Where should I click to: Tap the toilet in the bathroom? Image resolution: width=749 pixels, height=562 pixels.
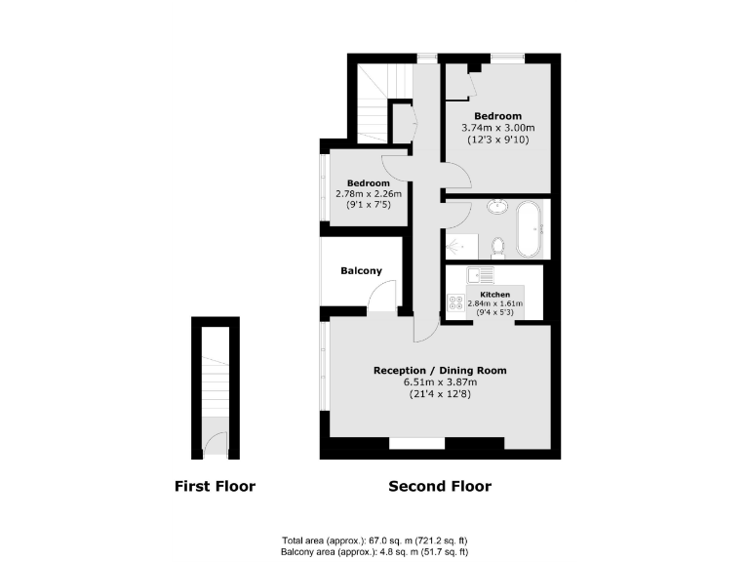tap(496, 247)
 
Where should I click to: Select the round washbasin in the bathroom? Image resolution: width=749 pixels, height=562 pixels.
tap(497, 206)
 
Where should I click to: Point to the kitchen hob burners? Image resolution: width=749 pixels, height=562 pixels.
tap(454, 302)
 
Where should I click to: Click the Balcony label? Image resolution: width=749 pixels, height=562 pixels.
tap(361, 270)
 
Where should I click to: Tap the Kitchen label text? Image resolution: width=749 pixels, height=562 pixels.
tap(494, 294)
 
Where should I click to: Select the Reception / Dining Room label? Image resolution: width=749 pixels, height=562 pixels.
tap(440, 371)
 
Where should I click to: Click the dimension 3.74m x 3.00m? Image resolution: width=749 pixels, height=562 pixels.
tap(498, 128)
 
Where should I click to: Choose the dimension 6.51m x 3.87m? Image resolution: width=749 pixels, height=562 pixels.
tap(440, 382)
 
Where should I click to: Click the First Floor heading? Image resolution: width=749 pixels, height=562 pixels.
tap(215, 486)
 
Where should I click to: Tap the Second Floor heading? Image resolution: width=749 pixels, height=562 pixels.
tap(440, 486)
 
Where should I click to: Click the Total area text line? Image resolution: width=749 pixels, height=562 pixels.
tap(375, 540)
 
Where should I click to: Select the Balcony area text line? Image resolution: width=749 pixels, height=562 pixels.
tap(375, 551)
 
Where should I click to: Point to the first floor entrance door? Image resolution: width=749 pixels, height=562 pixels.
tap(215, 446)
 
